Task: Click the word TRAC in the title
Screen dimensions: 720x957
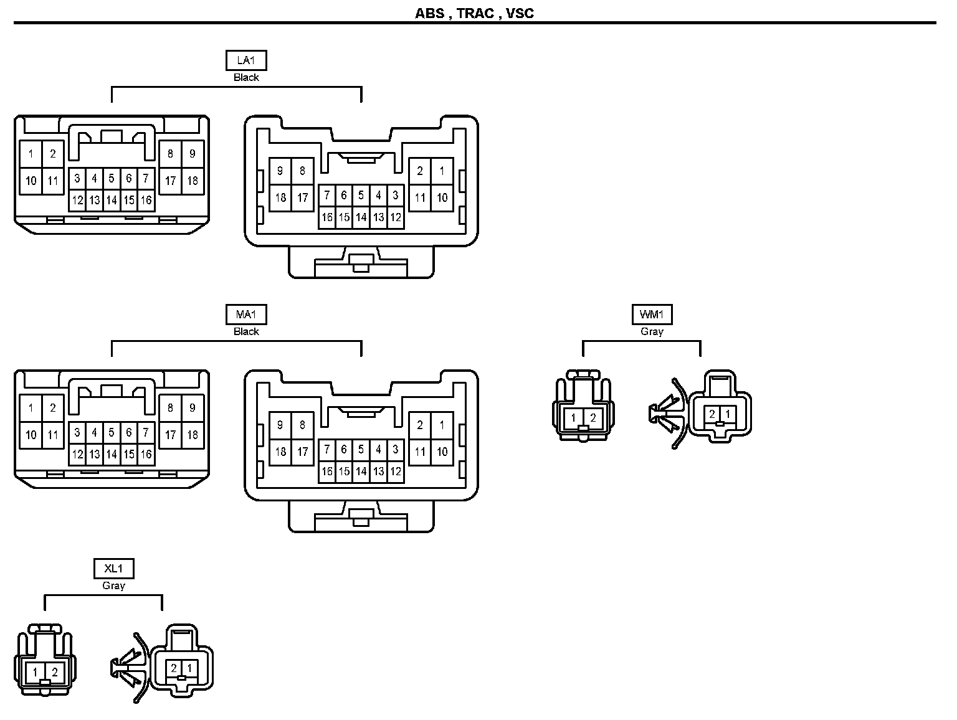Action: (475, 13)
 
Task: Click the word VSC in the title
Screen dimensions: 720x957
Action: (520, 13)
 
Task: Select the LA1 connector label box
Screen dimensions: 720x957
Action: (245, 60)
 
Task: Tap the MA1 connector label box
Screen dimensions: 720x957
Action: (245, 315)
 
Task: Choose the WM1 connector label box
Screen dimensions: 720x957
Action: (652, 315)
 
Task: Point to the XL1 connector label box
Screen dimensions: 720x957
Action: (113, 569)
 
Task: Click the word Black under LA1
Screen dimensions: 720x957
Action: (246, 78)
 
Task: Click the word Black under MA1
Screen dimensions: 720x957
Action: (246, 332)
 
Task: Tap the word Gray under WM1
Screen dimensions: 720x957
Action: (652, 332)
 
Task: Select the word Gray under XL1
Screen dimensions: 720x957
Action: (113, 586)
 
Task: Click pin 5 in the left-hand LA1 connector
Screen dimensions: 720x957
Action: (112, 179)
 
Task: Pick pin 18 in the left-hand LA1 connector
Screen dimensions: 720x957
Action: (193, 181)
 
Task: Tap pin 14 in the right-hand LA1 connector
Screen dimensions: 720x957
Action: (361, 218)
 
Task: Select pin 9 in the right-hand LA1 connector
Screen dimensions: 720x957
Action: (280, 171)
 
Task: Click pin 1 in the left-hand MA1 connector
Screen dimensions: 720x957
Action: (31, 409)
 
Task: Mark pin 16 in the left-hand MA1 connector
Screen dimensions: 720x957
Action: (146, 455)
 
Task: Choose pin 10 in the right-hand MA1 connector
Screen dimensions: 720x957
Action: (442, 452)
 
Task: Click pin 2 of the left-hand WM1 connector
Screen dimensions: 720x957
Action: (593, 419)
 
